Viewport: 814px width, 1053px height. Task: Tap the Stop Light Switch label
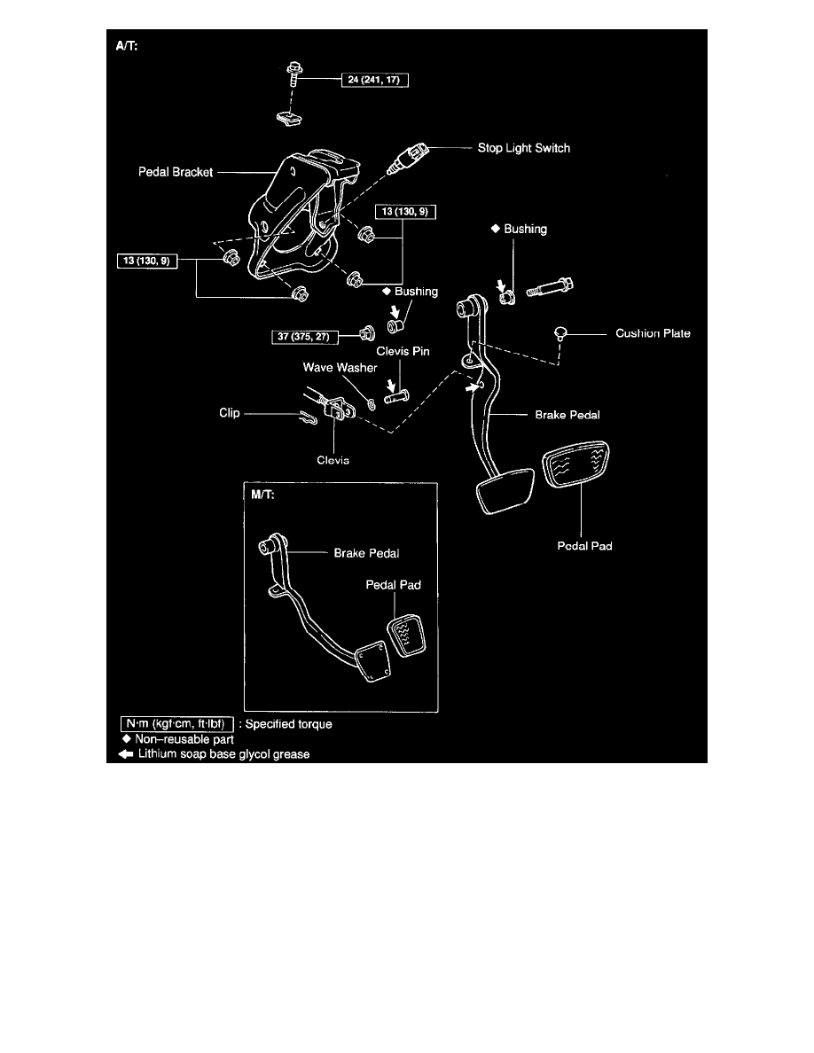click(523, 148)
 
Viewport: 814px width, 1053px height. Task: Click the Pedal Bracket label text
click(175, 173)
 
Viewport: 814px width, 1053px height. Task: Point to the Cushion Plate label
click(653, 334)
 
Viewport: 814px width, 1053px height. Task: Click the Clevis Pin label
click(403, 351)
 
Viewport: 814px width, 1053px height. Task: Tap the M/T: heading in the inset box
click(263, 495)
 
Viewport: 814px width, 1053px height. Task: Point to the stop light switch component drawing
click(407, 159)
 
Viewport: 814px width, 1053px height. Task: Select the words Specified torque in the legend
click(289, 724)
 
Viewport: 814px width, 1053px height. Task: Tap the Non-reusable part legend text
click(184, 739)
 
